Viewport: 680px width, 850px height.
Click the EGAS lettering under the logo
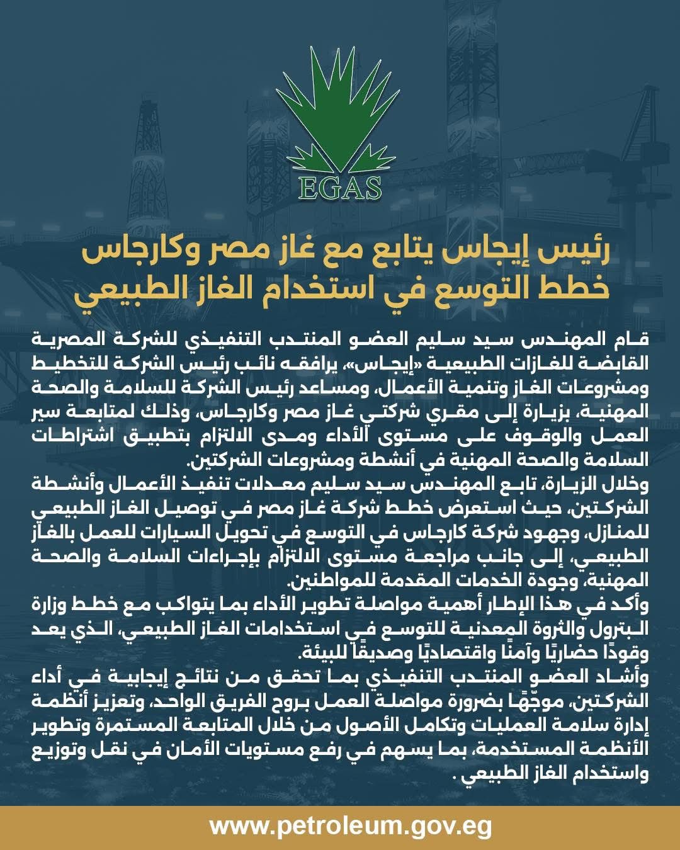click(x=341, y=187)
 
